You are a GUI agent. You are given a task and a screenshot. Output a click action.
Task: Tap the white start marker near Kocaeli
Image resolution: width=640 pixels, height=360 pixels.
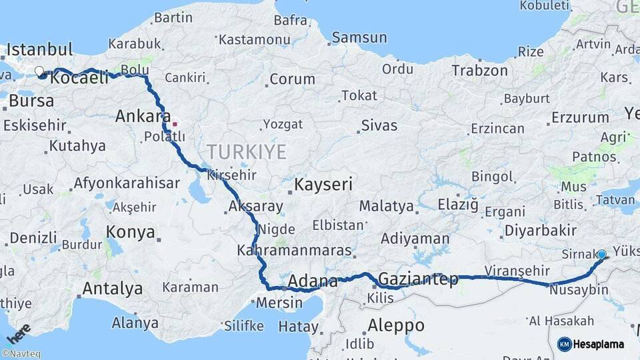click(39, 71)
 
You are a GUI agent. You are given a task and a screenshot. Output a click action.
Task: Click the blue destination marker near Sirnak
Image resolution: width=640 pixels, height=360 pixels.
click(602, 254)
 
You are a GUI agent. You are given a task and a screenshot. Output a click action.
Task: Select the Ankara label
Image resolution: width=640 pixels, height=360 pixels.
click(143, 116)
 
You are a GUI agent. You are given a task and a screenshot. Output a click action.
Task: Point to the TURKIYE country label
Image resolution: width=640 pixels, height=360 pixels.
click(247, 152)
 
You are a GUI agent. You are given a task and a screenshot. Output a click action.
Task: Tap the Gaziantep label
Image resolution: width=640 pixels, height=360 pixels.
click(418, 279)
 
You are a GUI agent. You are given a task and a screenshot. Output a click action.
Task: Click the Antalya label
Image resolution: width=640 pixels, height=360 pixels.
click(112, 289)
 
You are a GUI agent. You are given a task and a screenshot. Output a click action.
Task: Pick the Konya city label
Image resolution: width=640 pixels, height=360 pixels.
click(132, 233)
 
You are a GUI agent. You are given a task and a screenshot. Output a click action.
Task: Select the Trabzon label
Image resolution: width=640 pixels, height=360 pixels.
click(476, 70)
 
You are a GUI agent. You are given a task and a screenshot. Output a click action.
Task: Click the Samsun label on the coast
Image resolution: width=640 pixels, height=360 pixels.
click(359, 37)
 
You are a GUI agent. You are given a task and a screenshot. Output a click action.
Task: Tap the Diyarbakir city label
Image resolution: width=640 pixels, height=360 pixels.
click(540, 230)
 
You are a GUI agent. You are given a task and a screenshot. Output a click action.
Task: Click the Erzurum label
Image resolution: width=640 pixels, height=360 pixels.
click(580, 118)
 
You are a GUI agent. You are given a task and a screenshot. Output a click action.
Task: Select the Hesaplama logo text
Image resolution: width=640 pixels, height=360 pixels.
click(600, 344)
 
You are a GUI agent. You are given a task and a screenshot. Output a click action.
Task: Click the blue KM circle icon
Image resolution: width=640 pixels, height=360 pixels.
click(565, 344)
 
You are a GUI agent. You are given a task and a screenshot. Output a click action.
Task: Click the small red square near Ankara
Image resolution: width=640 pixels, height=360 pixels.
click(175, 123)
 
